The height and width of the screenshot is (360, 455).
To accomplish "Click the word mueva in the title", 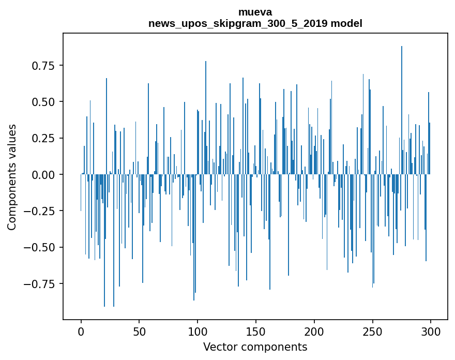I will pyautogui.click(x=255, y=12).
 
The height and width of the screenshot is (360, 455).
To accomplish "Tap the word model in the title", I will pyautogui.click(x=347, y=23).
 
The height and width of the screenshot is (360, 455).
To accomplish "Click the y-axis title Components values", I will pyautogui.click(x=12, y=177).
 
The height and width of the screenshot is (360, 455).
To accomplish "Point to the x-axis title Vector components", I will pyautogui.click(x=255, y=347).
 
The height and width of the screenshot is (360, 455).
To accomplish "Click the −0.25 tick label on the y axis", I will pyautogui.click(x=40, y=211).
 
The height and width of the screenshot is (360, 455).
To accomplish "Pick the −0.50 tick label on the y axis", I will pyautogui.click(x=40, y=247).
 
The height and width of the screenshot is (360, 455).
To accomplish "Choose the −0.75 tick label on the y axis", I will pyautogui.click(x=40, y=283).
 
